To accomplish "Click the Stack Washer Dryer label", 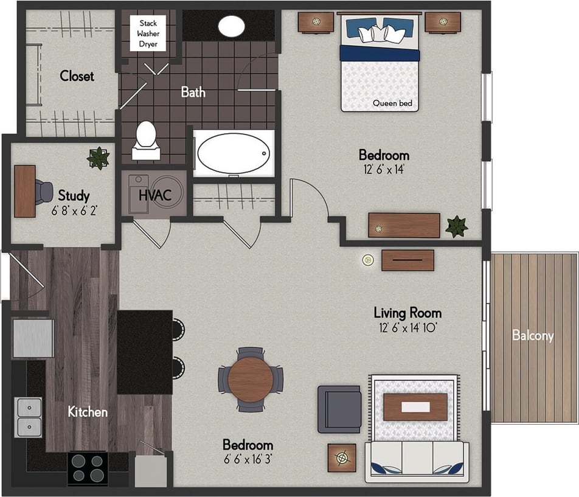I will (148, 34).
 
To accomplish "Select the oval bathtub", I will (233, 153).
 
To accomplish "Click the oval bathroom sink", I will (231, 26).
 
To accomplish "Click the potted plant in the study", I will (97, 158).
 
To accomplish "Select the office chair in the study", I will (44, 192).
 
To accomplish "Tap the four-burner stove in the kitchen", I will (87, 467).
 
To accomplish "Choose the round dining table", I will (251, 379).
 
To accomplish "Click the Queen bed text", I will (392, 103).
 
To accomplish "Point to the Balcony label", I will (533, 335).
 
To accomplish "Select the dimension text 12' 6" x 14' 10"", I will (407, 327).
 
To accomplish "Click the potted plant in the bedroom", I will (456, 226).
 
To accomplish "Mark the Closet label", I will (77, 76).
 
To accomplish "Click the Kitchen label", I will (88, 412).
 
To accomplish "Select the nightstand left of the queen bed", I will (316, 23).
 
